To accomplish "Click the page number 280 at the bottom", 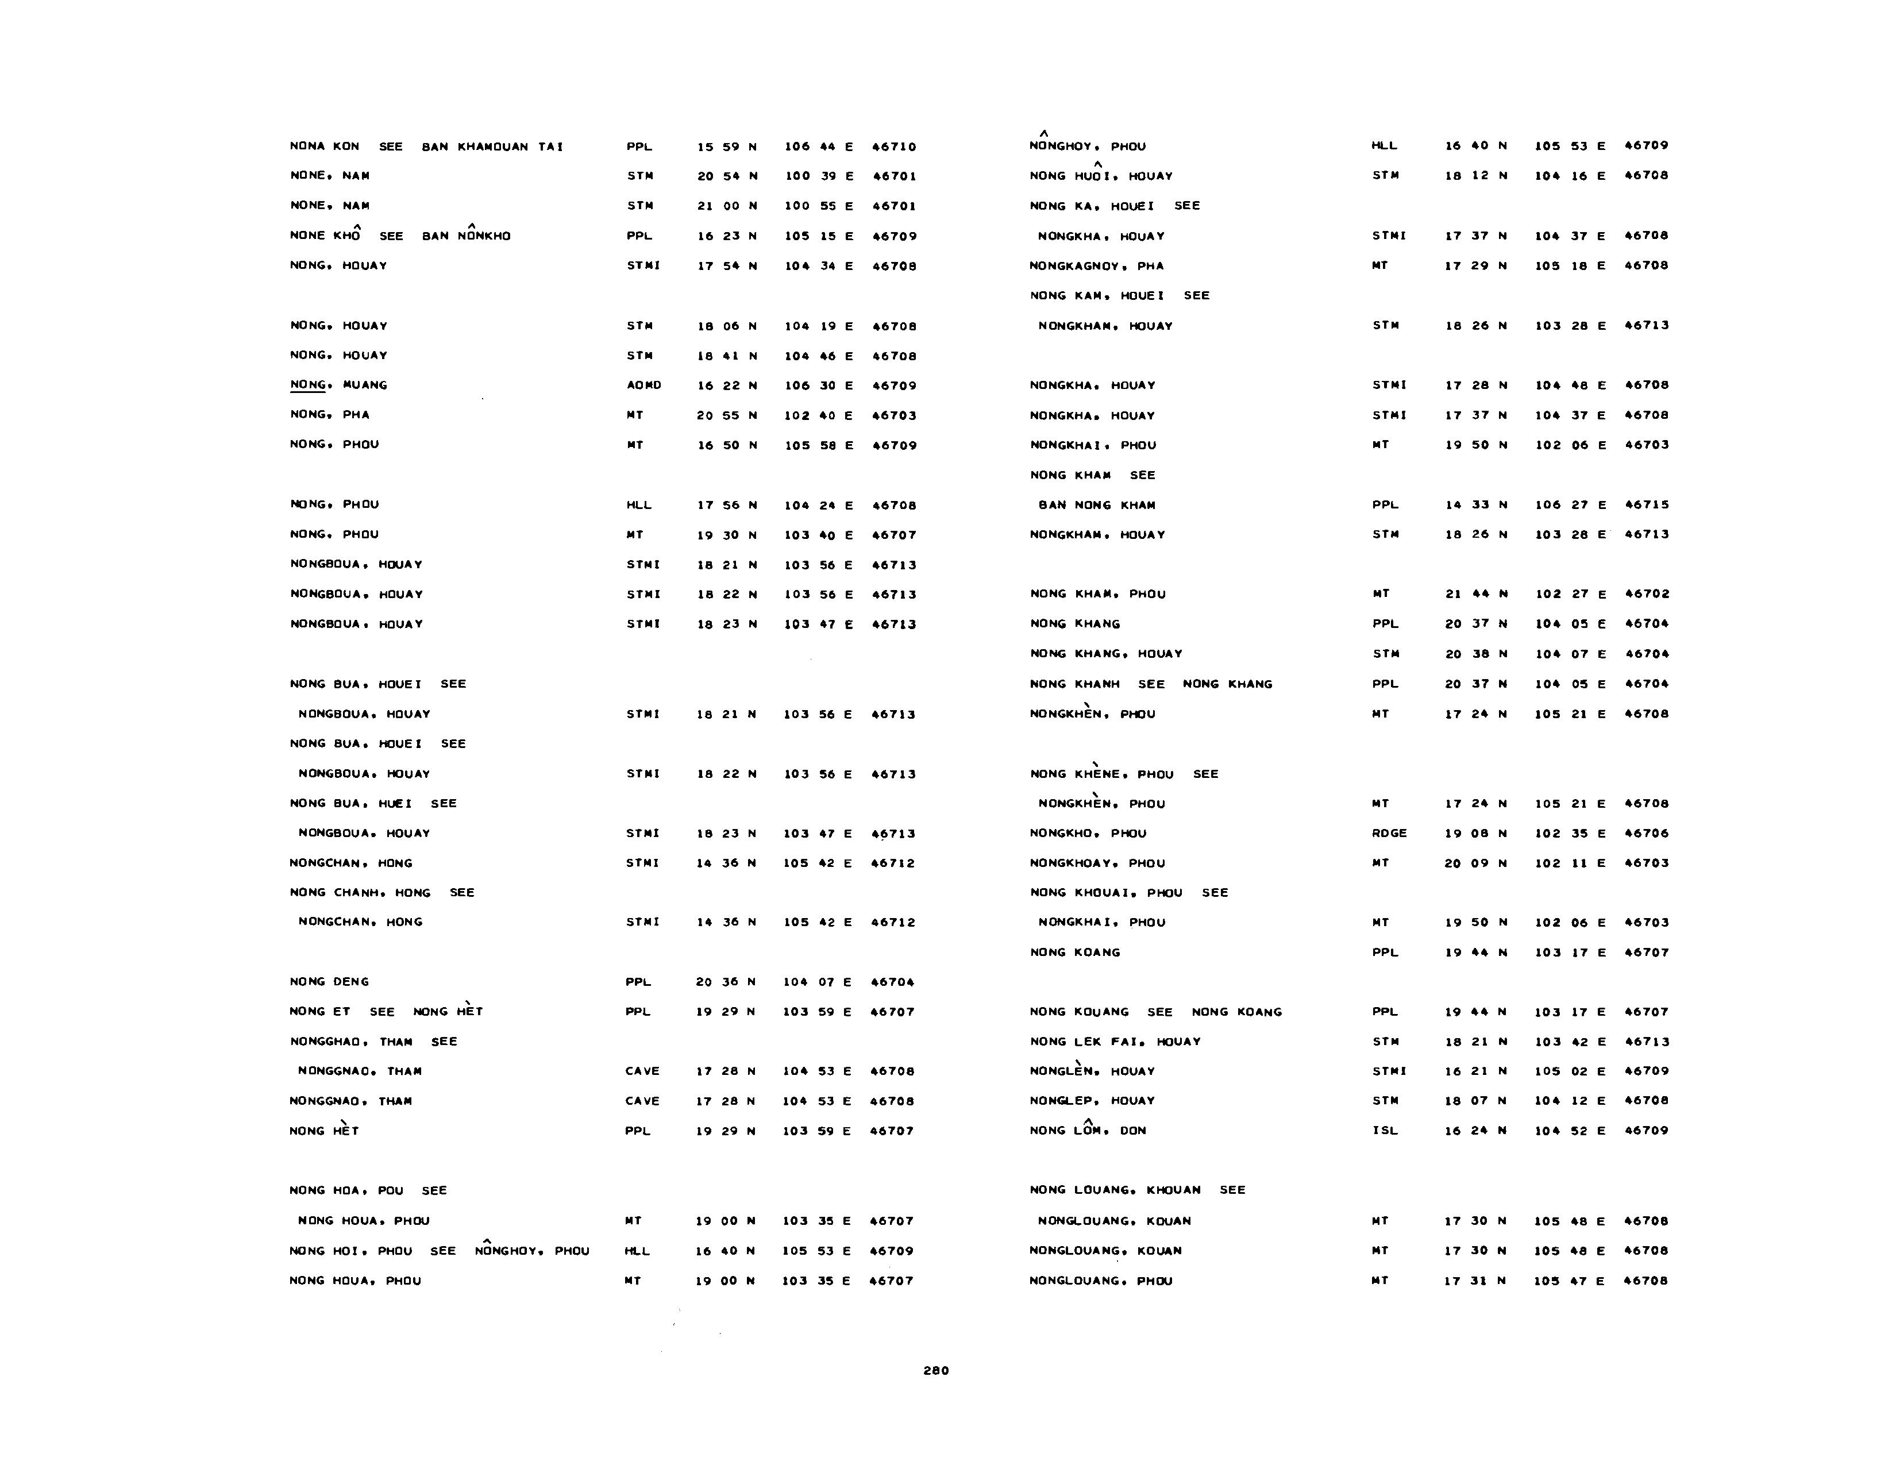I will tap(936, 1370).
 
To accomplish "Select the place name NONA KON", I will tap(324, 146).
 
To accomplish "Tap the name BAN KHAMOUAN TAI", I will tap(492, 146).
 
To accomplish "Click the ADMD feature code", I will tap(643, 385).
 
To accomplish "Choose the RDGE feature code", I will tap(1389, 833).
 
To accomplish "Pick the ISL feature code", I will tap(1385, 1131).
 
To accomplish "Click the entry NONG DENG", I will tap(329, 982).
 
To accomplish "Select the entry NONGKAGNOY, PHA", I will tap(1096, 265).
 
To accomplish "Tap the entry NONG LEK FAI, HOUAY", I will tap(1115, 1042).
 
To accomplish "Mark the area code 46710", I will tap(894, 146).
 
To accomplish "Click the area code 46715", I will tap(1646, 504).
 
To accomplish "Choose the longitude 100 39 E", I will tap(819, 176).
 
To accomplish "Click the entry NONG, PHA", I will tap(329, 415).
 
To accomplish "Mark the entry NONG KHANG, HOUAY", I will tap(1106, 654).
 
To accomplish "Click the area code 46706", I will tap(1646, 833).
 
